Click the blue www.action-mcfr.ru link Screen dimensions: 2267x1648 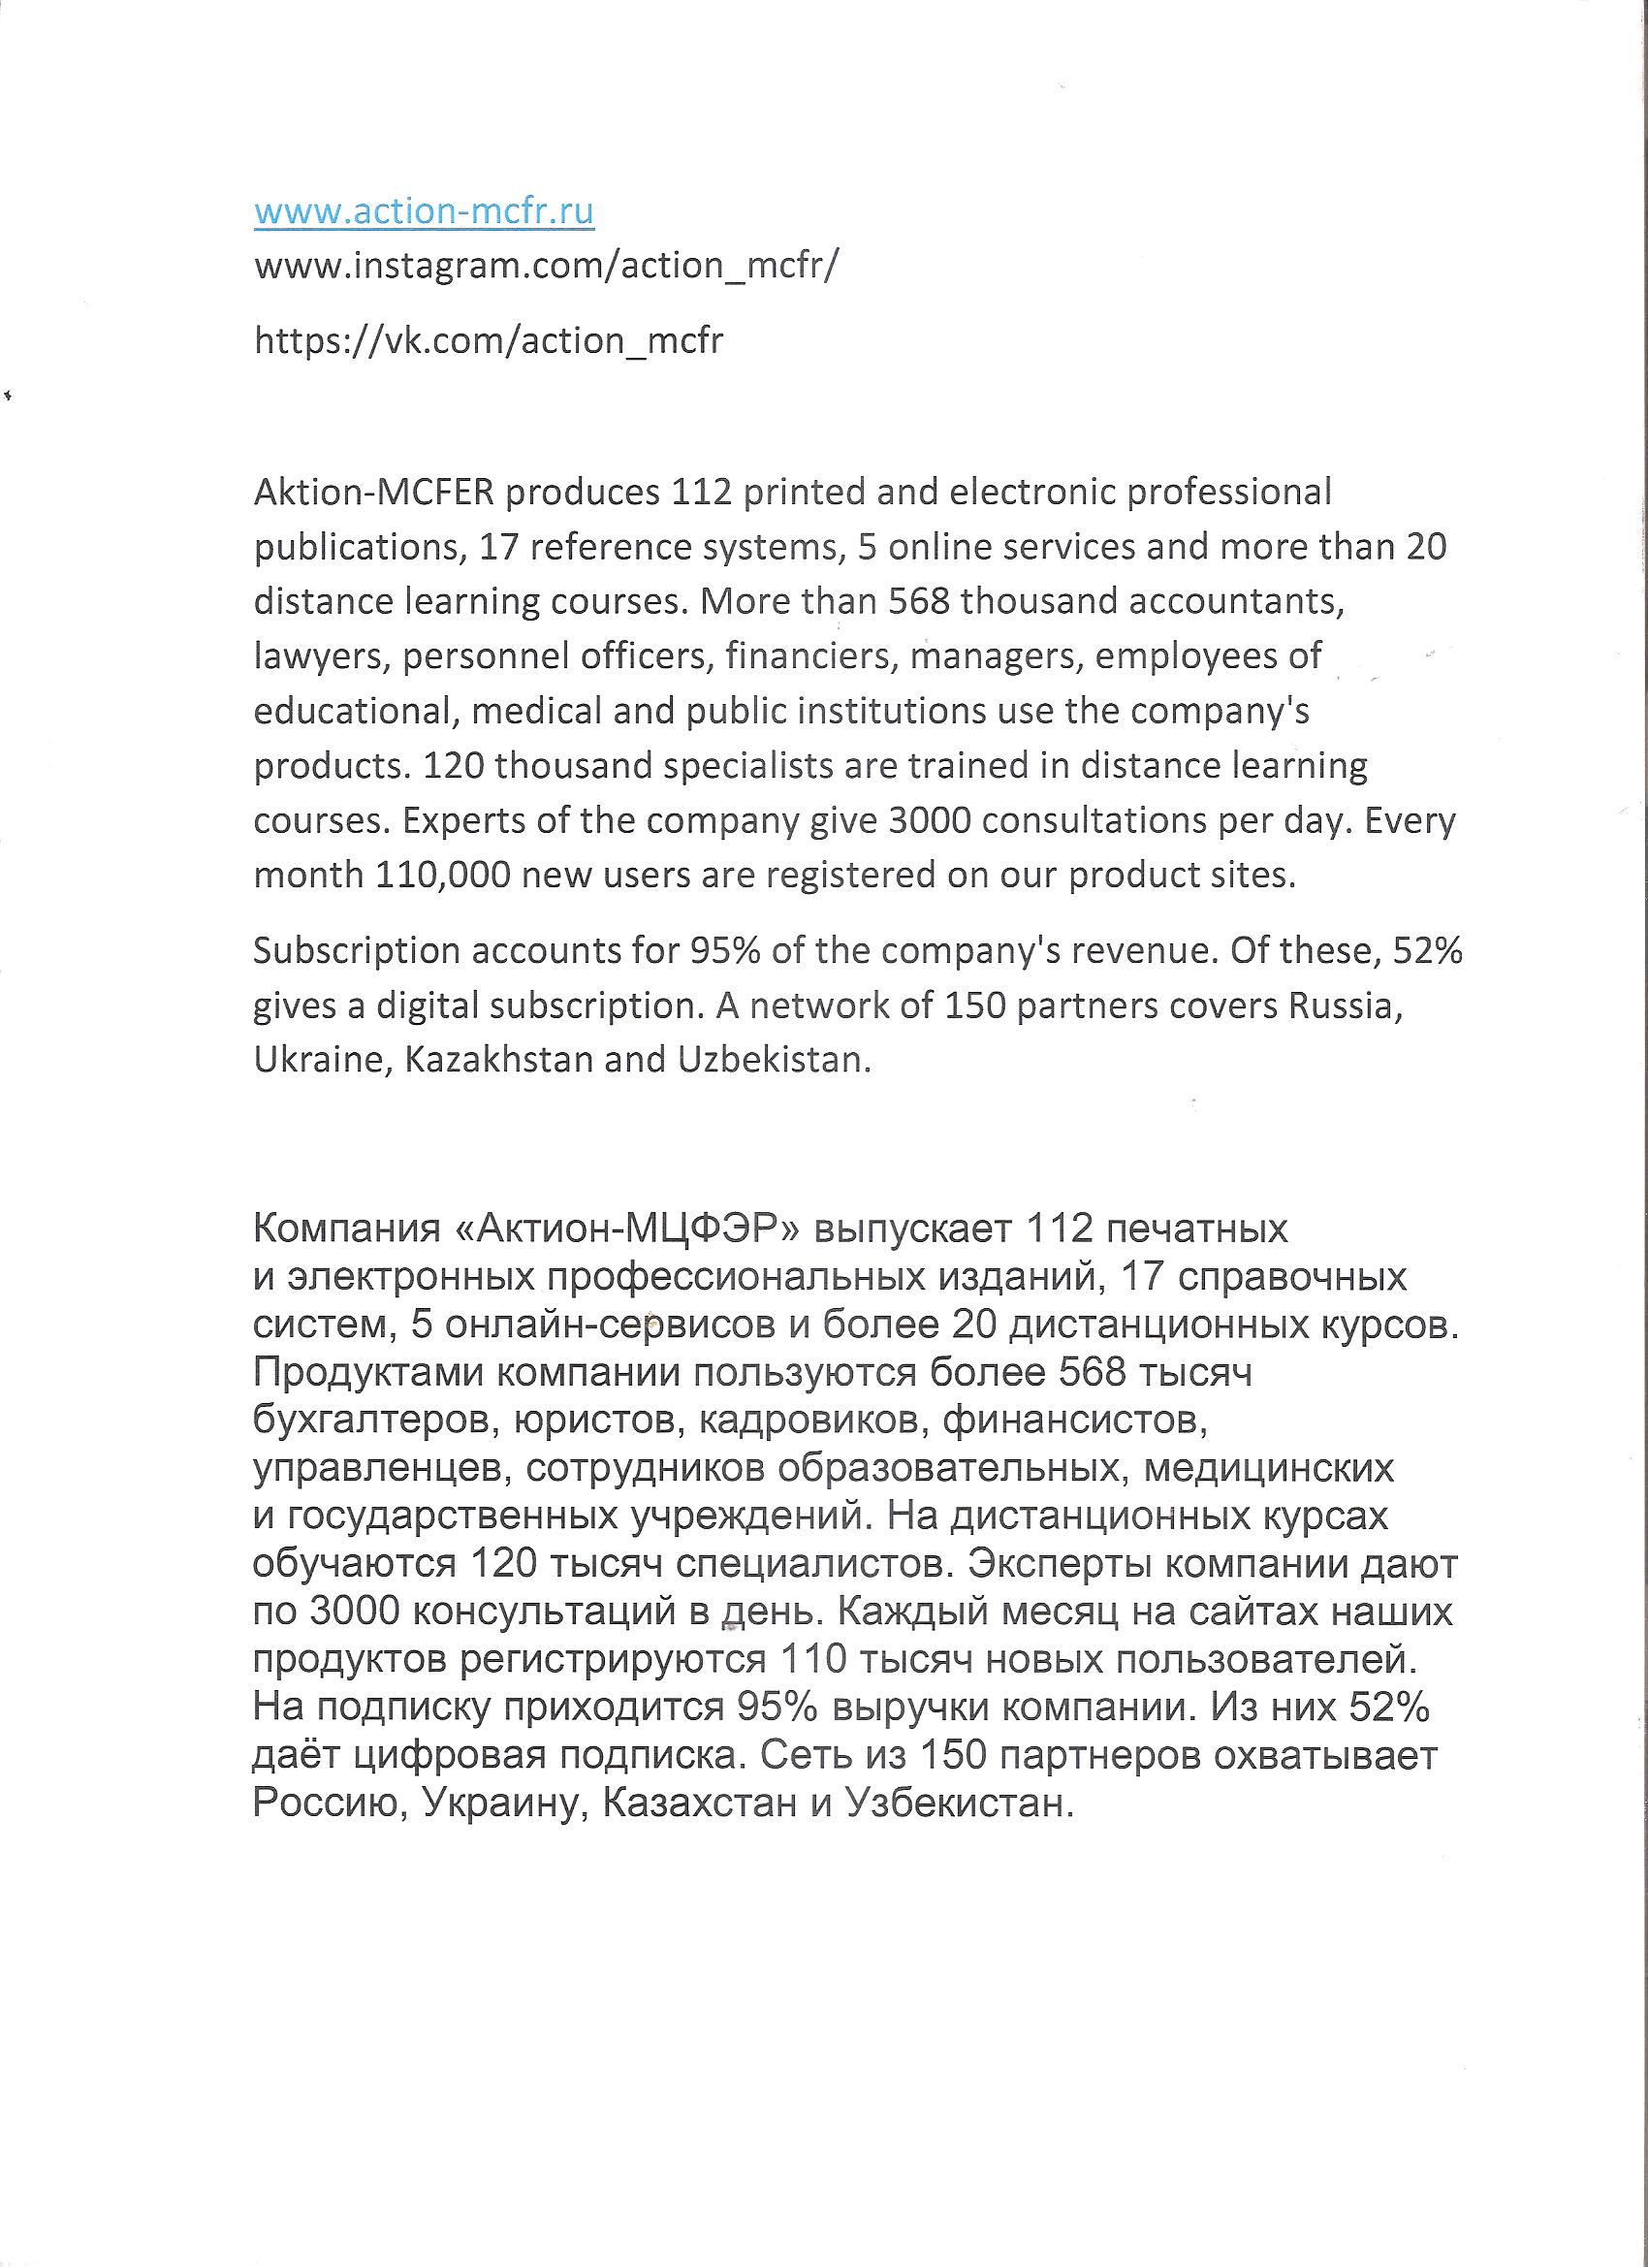pos(424,212)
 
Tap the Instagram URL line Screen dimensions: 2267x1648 pos(548,266)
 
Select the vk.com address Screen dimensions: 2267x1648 pos(489,341)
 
